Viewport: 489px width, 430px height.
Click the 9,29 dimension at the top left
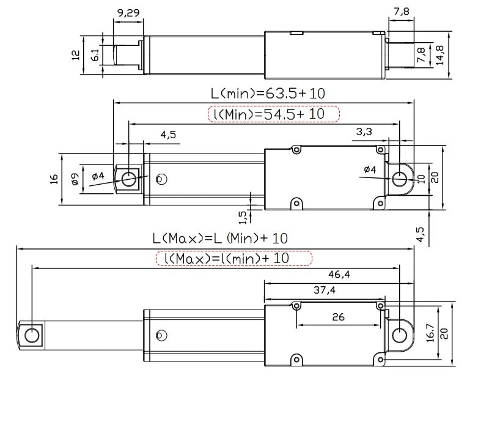(x=128, y=12)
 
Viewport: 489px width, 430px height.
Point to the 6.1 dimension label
(x=95, y=55)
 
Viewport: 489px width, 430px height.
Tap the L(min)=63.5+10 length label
(x=268, y=94)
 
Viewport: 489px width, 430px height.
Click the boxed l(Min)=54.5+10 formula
(x=273, y=114)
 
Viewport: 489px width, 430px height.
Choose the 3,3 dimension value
(x=364, y=132)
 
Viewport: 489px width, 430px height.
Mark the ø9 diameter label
(x=74, y=179)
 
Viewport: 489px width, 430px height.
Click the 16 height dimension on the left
(x=54, y=179)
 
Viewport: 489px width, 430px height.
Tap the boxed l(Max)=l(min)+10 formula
(x=234, y=258)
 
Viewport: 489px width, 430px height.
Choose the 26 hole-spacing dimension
(x=337, y=317)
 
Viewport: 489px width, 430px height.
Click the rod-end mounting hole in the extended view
(x=32, y=335)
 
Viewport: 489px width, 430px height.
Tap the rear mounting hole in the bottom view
(x=399, y=335)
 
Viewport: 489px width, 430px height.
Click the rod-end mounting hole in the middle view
(x=129, y=179)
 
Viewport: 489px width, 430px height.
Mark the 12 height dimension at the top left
(x=75, y=55)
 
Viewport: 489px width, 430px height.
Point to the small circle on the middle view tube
(x=161, y=179)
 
